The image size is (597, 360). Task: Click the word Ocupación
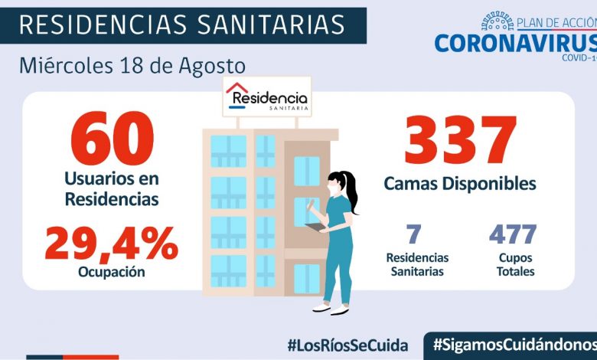pyautogui.click(x=112, y=272)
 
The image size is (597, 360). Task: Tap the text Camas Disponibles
pyautogui.click(x=460, y=184)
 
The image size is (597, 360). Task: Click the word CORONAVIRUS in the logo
pyautogui.click(x=514, y=41)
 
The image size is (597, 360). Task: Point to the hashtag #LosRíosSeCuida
pyautogui.click(x=347, y=345)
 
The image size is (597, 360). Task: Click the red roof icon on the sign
pyautogui.click(x=237, y=88)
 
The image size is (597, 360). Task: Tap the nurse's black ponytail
pyautogui.click(x=352, y=191)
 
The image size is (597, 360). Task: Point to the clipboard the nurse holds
pyautogui.click(x=314, y=227)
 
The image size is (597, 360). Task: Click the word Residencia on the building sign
pyautogui.click(x=269, y=98)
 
